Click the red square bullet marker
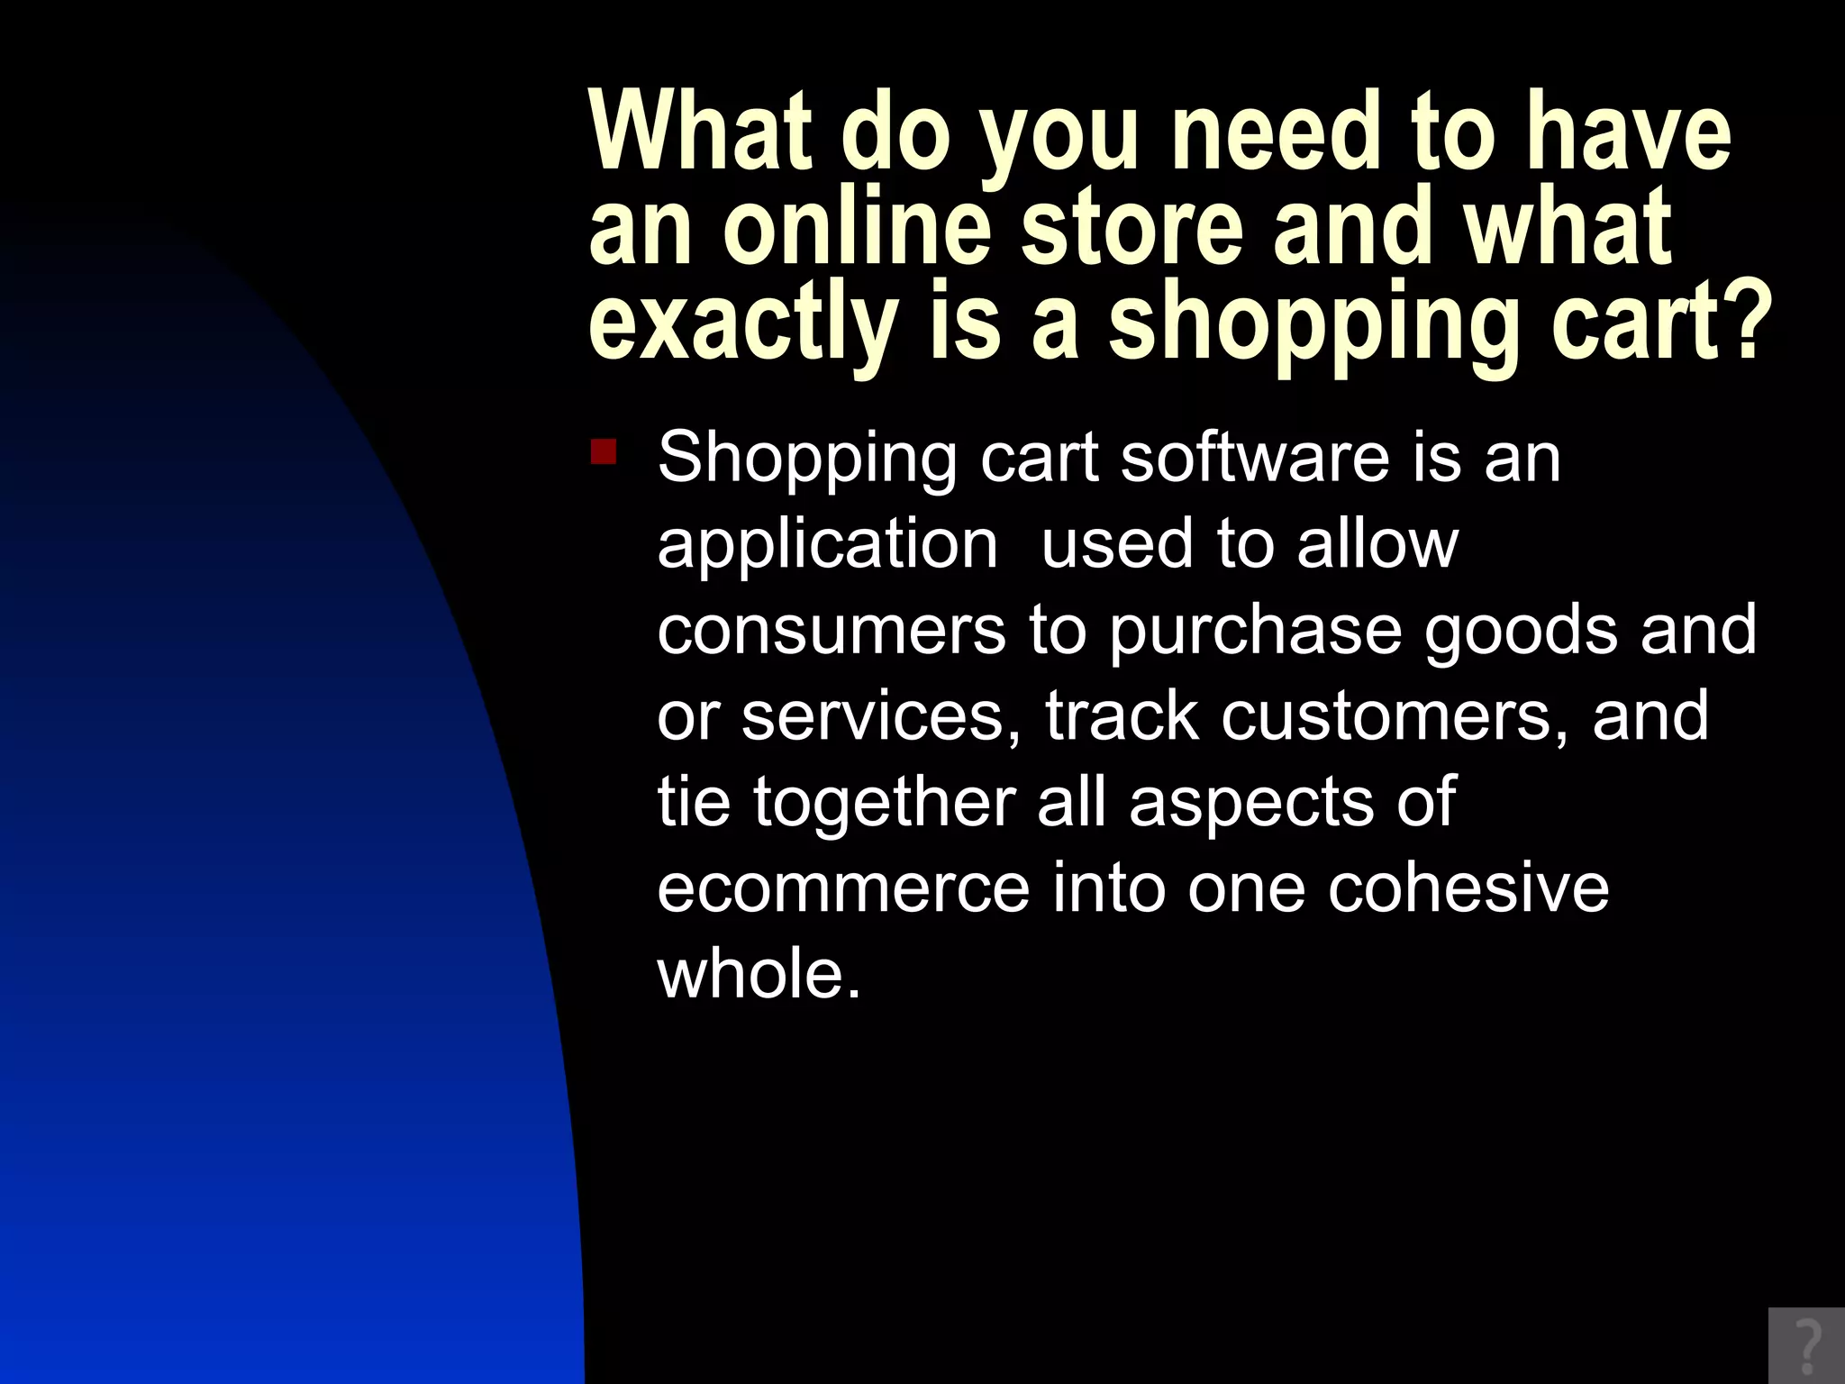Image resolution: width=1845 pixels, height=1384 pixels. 604,451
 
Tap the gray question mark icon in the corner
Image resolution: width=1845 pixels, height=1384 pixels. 1806,1345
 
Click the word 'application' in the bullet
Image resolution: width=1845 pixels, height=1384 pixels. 827,545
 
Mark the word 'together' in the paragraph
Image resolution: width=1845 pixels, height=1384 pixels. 885,803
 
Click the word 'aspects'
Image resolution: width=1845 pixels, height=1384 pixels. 1251,803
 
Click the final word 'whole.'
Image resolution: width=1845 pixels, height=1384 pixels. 759,974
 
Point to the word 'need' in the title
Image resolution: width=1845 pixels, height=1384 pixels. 1275,132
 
